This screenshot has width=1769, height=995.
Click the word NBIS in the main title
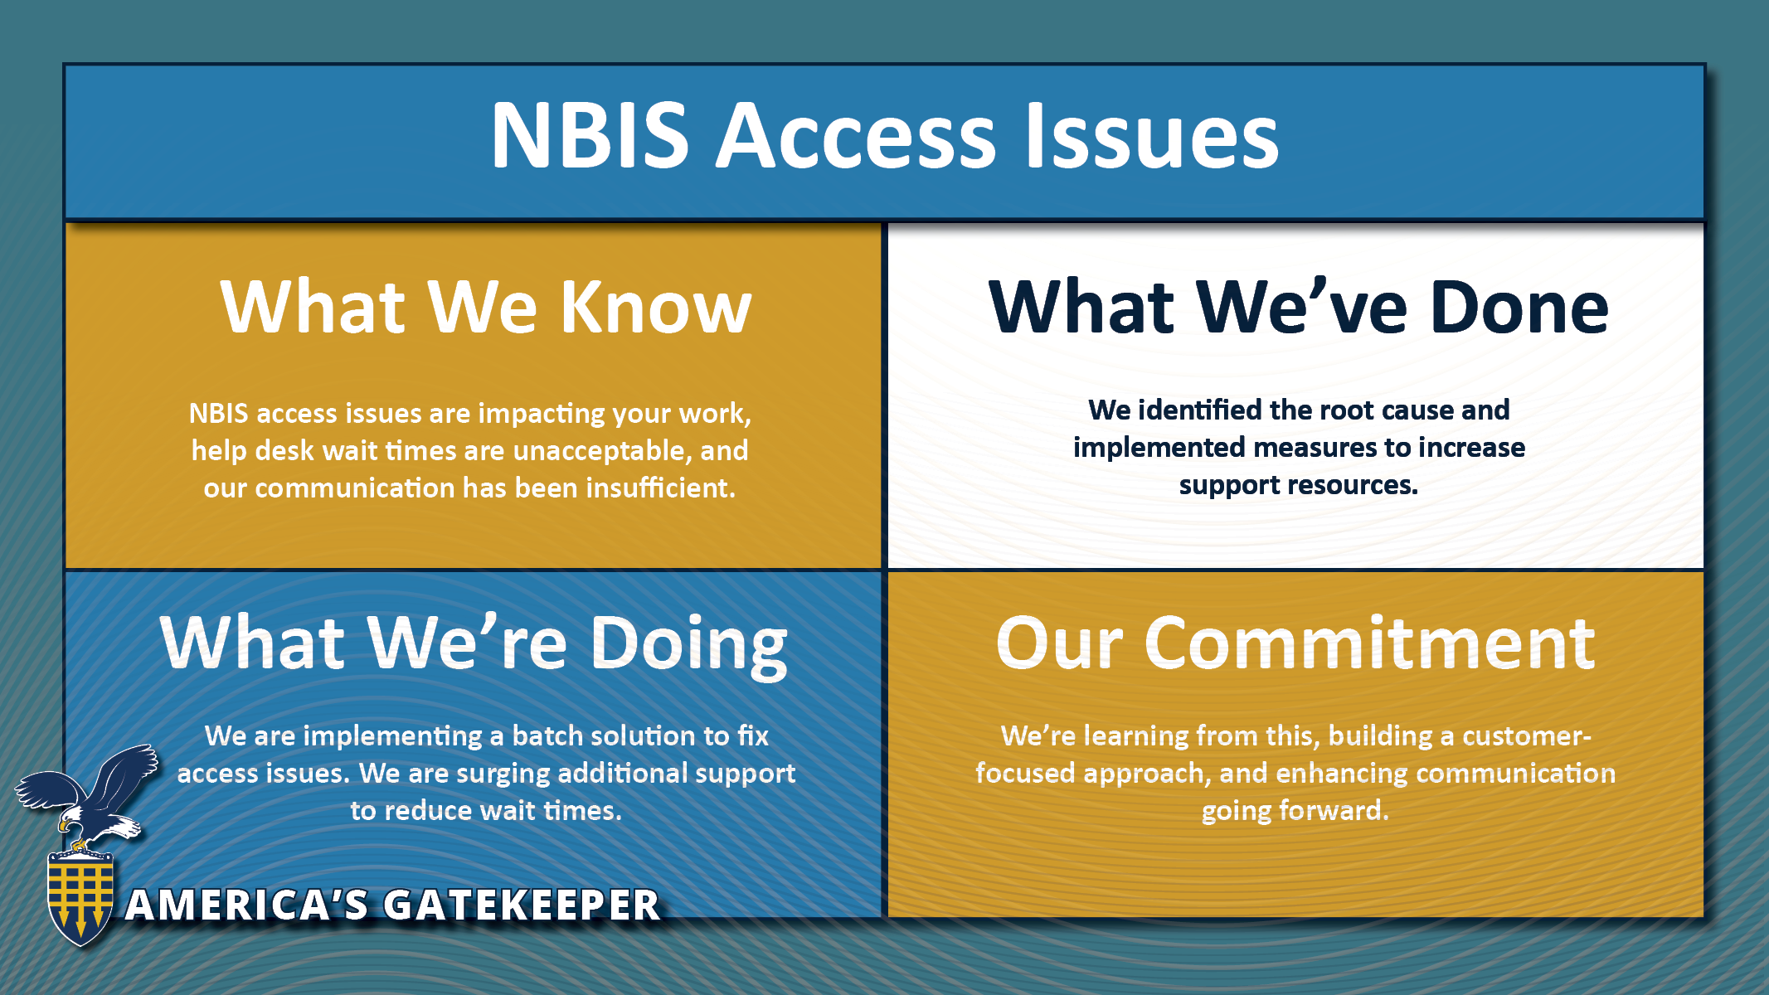590,135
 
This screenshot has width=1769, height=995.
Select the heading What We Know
486,307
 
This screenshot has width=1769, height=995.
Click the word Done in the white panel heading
1519,307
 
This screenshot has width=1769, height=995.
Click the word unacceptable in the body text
603,450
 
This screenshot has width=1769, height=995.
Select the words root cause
1389,410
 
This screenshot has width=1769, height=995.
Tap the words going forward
1295,810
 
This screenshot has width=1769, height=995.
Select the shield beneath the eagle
80,896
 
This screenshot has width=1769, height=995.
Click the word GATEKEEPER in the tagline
522,905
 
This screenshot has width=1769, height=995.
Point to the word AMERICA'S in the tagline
247,905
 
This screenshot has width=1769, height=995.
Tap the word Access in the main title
855,135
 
